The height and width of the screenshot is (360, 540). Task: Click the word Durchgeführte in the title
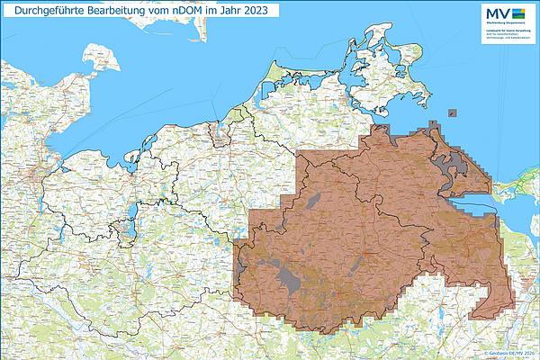[43, 10]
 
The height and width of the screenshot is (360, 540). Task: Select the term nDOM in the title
[190, 10]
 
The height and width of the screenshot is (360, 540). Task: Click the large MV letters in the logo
[497, 13]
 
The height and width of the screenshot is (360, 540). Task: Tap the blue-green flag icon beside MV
[519, 13]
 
